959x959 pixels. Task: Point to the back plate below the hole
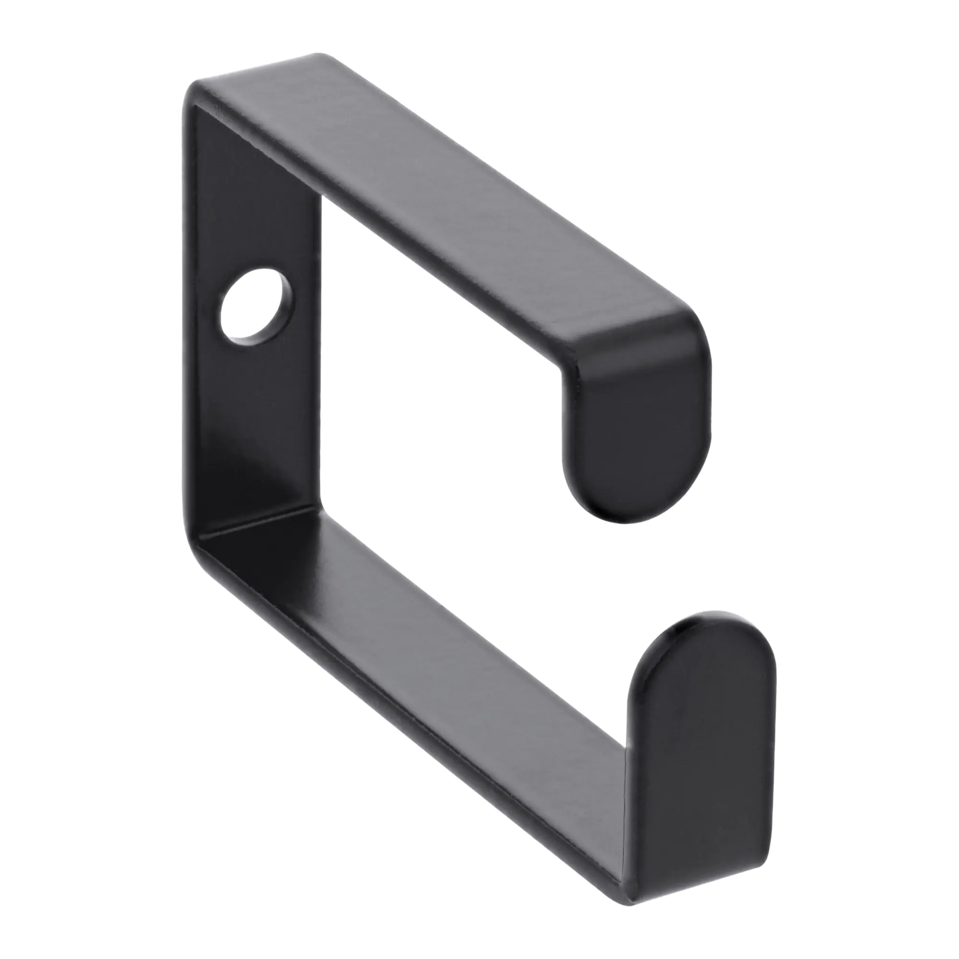click(x=258, y=422)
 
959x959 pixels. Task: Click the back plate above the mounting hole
click(x=253, y=199)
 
